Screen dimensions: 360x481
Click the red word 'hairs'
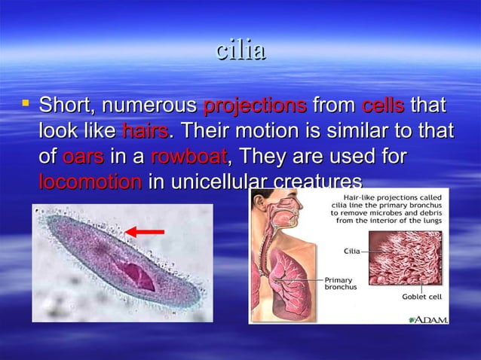[x=145, y=131]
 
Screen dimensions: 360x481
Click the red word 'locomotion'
[x=90, y=182]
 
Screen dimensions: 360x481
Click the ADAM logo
[x=429, y=319]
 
